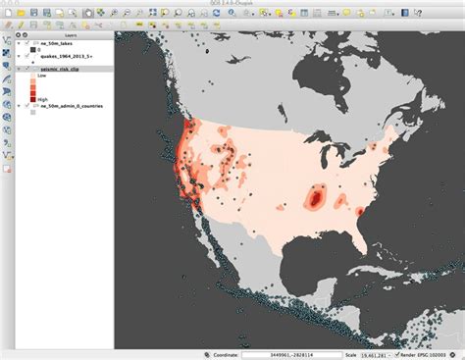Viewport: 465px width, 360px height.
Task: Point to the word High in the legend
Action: tap(43, 99)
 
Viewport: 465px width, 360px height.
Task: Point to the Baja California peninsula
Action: tap(209, 235)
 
